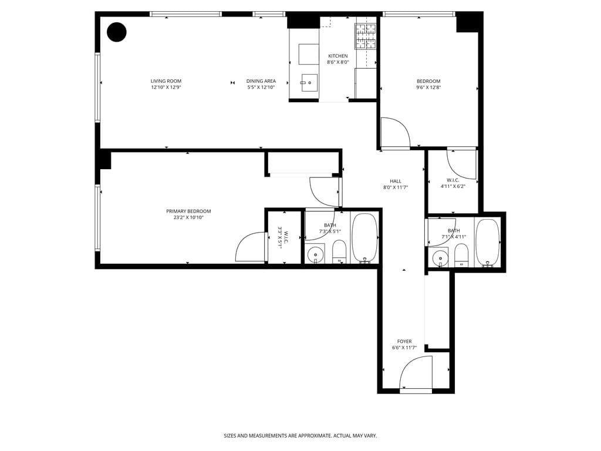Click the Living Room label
pyautogui.click(x=166, y=81)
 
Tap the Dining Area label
pyautogui.click(x=261, y=81)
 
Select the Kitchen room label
pyautogui.click(x=337, y=56)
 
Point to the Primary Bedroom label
pyautogui.click(x=188, y=211)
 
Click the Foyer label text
pyautogui.click(x=404, y=341)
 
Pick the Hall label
pyautogui.click(x=396, y=181)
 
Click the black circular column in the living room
pyautogui.click(x=117, y=32)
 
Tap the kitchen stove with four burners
pyautogui.click(x=365, y=36)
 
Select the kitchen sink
pyautogui.click(x=309, y=82)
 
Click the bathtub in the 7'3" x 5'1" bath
pyautogui.click(x=364, y=237)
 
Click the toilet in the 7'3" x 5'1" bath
pyautogui.click(x=339, y=253)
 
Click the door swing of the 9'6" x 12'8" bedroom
pyautogui.click(x=394, y=133)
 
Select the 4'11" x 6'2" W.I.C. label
pyautogui.click(x=453, y=183)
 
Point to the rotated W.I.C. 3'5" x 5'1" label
pyautogui.click(x=283, y=237)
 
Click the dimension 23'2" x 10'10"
pyautogui.click(x=188, y=218)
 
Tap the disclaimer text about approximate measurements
pyautogui.click(x=300, y=436)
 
